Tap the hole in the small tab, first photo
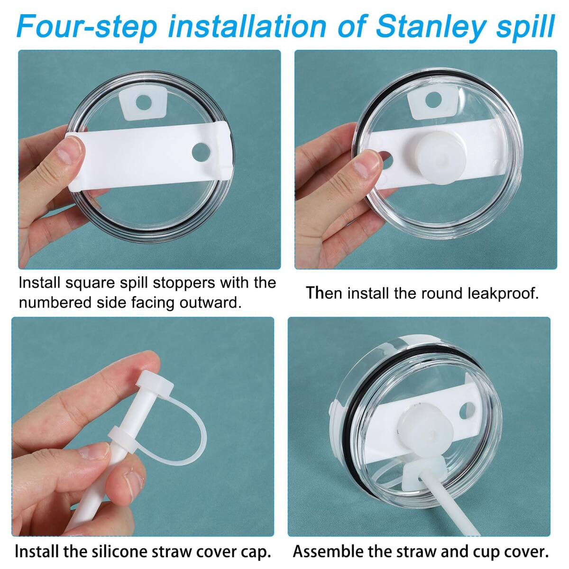[144, 102]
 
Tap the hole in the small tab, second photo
[433, 100]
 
